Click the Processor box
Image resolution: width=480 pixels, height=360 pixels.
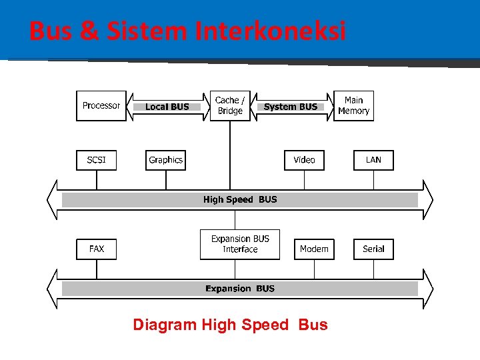click(101, 106)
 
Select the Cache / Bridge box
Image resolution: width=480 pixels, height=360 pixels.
click(230, 106)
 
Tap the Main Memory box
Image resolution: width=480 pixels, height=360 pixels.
click(353, 106)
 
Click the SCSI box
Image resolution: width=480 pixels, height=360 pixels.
click(97, 160)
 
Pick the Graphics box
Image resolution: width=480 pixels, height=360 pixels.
click(165, 160)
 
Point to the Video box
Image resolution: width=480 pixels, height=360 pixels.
click(304, 160)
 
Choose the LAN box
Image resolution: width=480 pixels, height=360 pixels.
click(373, 160)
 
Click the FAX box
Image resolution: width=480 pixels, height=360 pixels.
click(97, 249)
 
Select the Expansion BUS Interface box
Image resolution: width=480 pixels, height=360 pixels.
click(240, 244)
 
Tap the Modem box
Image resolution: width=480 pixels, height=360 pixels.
click(314, 249)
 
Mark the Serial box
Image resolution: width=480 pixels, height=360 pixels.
click(373, 249)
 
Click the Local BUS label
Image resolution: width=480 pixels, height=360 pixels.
click(167, 107)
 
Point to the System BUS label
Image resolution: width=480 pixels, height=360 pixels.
click(291, 107)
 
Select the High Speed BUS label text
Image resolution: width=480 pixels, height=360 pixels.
click(240, 199)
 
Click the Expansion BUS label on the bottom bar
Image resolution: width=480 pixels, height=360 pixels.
click(240, 289)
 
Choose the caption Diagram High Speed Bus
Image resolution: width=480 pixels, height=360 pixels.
click(230, 325)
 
